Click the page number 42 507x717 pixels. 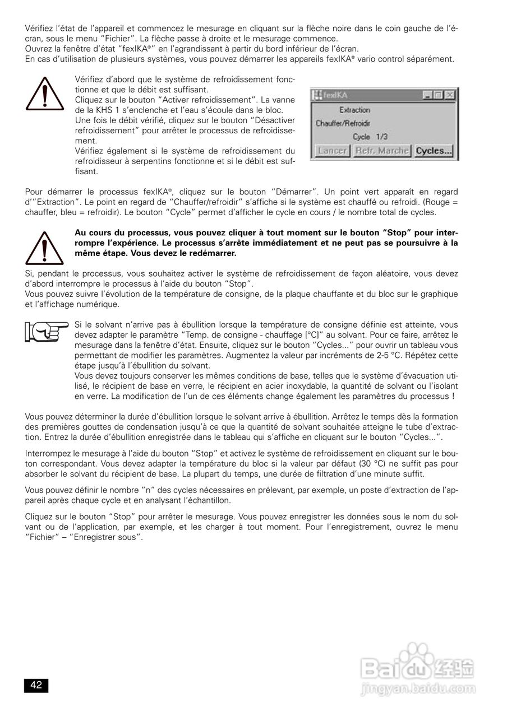tap(36, 685)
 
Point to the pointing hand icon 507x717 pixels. tap(45, 332)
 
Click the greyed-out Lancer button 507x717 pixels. tap(333, 151)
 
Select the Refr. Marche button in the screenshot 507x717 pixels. tap(381, 151)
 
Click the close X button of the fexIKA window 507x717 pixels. tap(449, 96)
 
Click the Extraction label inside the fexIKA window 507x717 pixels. tap(354, 110)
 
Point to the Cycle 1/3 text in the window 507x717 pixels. tap(370, 137)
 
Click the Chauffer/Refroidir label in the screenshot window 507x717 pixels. tap(338, 123)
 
